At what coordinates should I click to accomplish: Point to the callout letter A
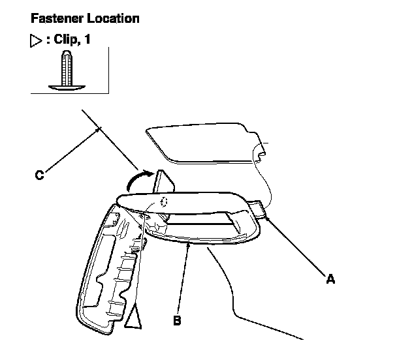pyautogui.click(x=330, y=279)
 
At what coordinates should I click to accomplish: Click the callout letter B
pyautogui.click(x=176, y=320)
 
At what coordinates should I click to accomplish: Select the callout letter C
pyautogui.click(x=39, y=175)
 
